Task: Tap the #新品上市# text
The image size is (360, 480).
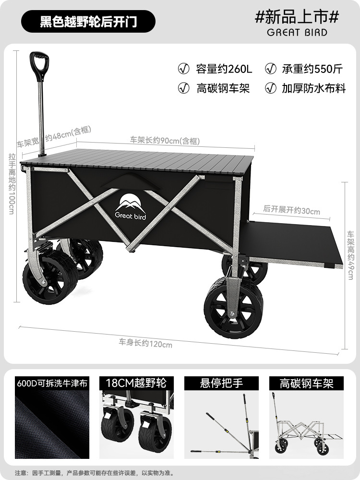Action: point(297,17)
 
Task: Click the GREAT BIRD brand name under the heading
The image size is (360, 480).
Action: point(297,33)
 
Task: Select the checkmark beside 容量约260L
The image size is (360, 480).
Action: point(183,69)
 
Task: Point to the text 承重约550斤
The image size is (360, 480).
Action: point(312,69)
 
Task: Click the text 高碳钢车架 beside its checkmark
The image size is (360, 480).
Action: point(223,88)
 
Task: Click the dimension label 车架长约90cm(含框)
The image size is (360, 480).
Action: point(165,141)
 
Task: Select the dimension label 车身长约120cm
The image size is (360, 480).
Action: point(145,343)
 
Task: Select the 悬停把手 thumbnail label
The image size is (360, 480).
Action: point(221,383)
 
